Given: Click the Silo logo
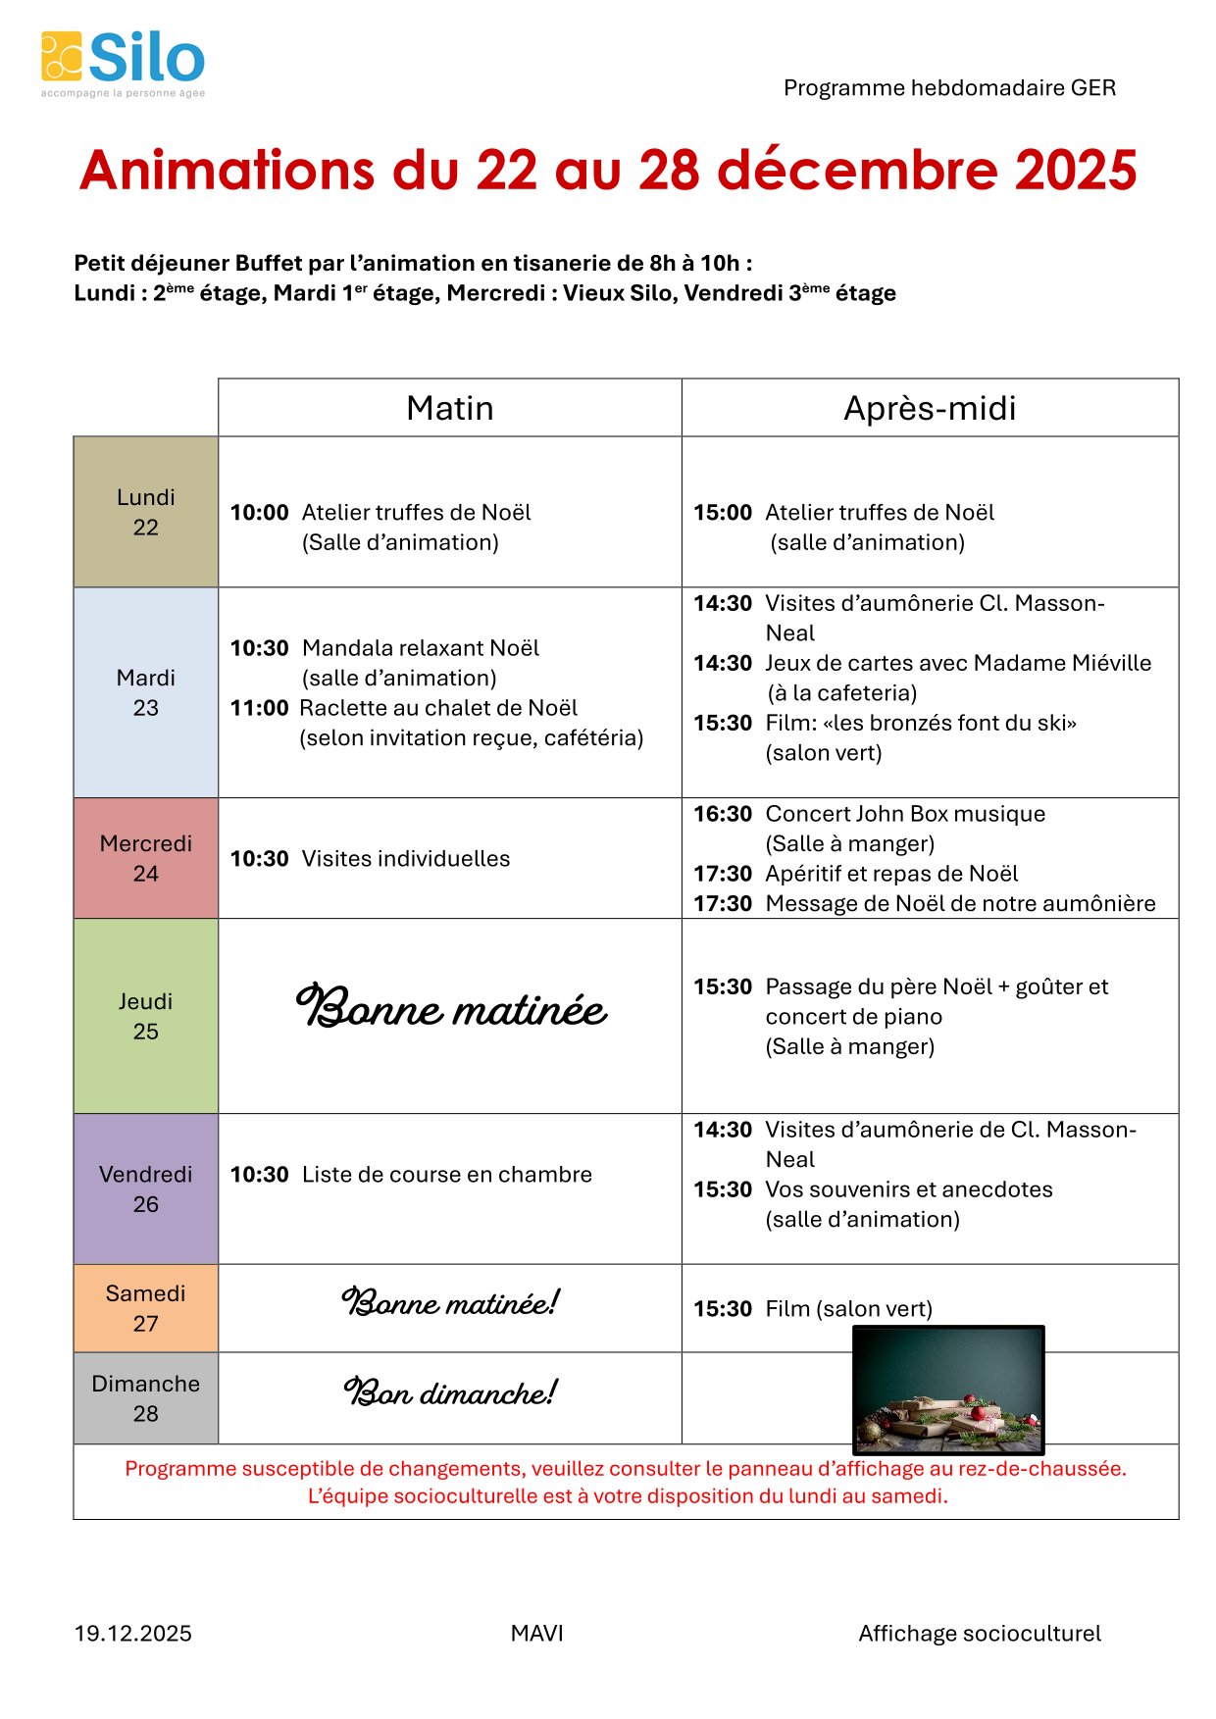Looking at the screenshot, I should point(123,63).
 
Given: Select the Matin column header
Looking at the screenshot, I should point(449,408).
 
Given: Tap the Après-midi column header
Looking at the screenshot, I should point(930,408).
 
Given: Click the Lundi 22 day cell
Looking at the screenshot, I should point(145,512).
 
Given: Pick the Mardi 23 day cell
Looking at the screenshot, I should point(145,692).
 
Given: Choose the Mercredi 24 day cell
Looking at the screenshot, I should point(145,858).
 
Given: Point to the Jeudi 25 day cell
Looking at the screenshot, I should point(145,1016).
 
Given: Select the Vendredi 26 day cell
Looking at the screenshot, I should point(145,1188).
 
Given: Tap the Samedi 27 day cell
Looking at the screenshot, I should point(145,1308).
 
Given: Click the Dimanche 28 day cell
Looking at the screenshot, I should point(145,1398).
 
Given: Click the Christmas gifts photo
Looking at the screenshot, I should point(948,1390).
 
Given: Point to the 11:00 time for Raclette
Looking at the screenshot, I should point(259,708).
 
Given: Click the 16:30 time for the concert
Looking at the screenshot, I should point(723,814).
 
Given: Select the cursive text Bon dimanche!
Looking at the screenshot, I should point(450,1393).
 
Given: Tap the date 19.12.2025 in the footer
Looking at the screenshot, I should point(133,1634).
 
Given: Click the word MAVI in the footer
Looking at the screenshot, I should point(536,1634).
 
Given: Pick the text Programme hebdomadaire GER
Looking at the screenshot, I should point(949,88).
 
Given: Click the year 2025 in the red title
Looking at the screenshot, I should point(1076,170).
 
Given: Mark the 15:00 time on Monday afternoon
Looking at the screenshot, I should point(723,513).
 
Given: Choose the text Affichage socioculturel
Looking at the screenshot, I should point(980,1634).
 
